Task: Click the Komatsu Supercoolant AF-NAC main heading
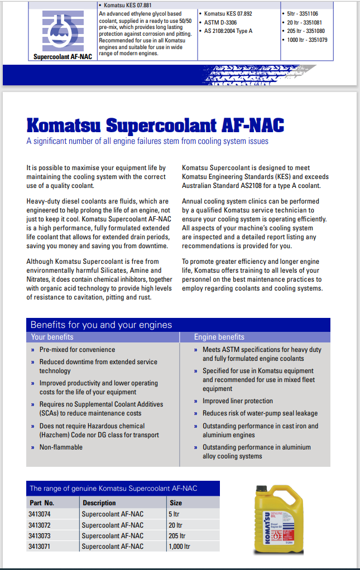click(155, 124)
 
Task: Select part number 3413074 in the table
click(39, 514)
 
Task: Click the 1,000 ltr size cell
click(180, 547)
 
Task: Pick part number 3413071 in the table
click(39, 547)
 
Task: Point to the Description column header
click(99, 503)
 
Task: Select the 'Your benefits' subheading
click(52, 337)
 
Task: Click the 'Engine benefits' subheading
click(219, 337)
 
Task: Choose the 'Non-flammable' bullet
click(61, 447)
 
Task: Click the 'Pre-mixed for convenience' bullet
click(77, 350)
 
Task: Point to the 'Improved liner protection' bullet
click(238, 401)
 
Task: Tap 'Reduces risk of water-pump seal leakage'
click(260, 413)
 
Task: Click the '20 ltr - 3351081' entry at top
click(305, 22)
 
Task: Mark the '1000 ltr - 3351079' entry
click(306, 40)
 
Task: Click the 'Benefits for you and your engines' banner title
click(101, 325)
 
